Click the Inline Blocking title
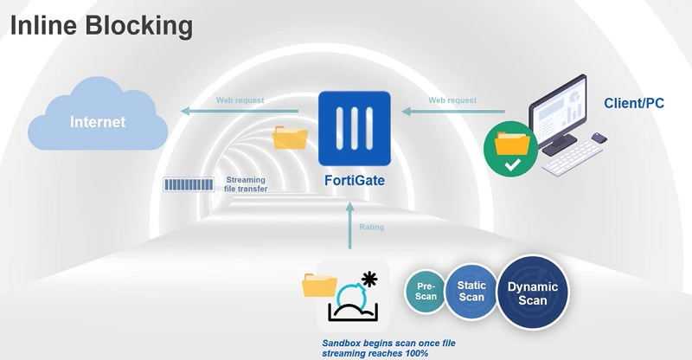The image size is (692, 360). click(101, 27)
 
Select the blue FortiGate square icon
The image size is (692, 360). click(355, 129)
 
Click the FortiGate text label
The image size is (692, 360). click(355, 180)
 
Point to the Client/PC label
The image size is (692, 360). click(634, 103)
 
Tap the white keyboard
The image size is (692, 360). click(573, 158)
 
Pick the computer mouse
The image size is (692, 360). click(599, 138)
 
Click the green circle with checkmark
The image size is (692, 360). click(510, 150)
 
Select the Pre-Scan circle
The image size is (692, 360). click(426, 292)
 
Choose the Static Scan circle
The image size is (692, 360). click(471, 291)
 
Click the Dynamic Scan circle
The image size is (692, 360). click(532, 292)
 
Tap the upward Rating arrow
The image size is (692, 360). click(350, 225)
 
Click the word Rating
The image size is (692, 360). click(372, 227)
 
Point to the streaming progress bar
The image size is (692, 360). click(189, 184)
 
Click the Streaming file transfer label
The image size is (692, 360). click(246, 184)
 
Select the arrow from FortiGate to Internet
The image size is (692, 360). click(240, 111)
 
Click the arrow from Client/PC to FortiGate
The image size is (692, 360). click(453, 112)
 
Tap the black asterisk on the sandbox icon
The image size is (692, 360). click(369, 280)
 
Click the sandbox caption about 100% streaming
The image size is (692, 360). click(388, 348)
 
